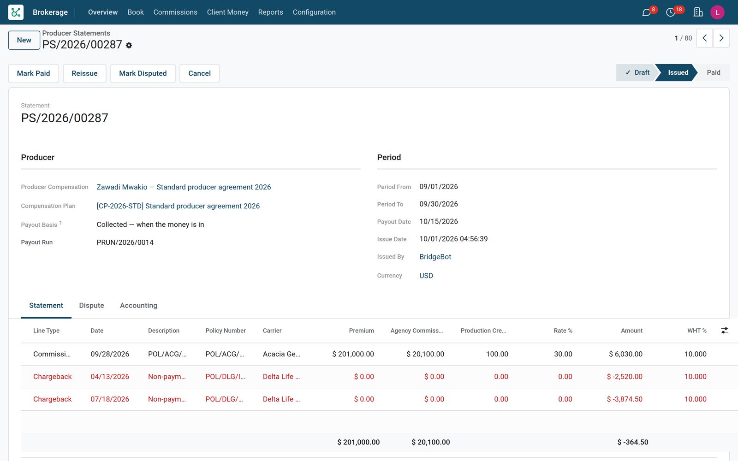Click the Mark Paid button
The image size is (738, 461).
coord(33,73)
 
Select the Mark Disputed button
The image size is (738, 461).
coord(143,73)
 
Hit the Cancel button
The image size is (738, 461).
coord(199,73)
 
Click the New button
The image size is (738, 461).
coord(24,40)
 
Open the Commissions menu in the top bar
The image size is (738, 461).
coord(175,12)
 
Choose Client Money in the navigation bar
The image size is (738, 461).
coord(228,12)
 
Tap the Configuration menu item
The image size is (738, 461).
coord(314,12)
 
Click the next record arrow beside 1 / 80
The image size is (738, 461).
coord(721,38)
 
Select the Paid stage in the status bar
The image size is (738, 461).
coord(713,72)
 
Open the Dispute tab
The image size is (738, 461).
coord(91,305)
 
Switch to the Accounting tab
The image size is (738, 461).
coord(138,305)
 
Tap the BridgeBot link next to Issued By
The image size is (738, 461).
coord(435,256)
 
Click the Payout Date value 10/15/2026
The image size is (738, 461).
coord(439,221)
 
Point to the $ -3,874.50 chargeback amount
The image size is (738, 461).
coord(625,399)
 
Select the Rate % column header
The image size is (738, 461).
coord(563,331)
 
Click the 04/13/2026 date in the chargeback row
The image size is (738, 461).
coord(110,376)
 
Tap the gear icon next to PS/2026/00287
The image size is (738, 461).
coord(129,46)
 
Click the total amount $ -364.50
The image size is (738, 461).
coord(632,442)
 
